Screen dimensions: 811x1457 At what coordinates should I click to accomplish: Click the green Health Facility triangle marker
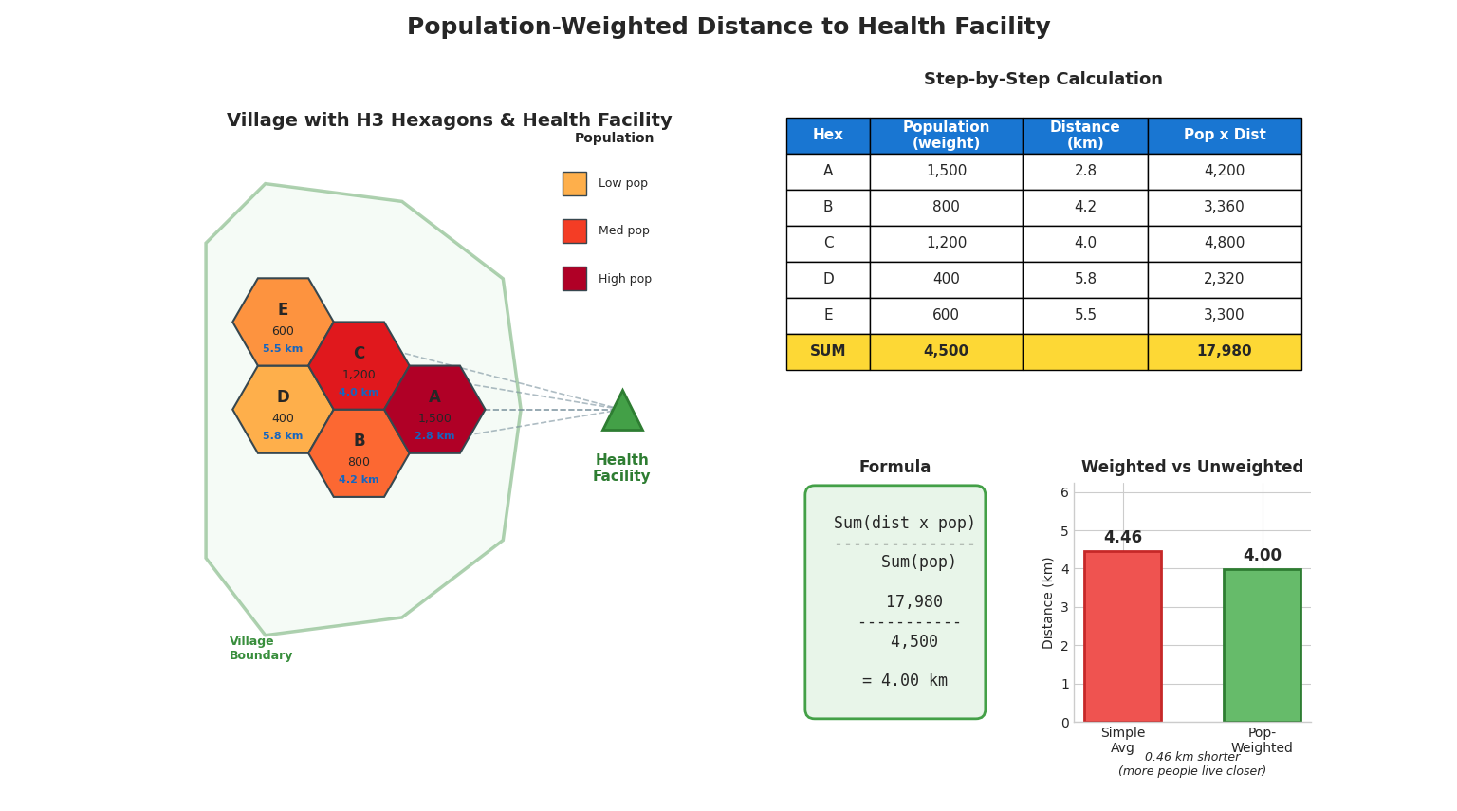tap(622, 414)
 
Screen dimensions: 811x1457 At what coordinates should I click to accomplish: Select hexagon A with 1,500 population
tap(434, 410)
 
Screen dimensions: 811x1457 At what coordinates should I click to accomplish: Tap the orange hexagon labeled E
tap(283, 323)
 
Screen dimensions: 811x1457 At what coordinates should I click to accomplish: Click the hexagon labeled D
tap(283, 410)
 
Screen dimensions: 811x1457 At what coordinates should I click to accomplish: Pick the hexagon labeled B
tap(359, 453)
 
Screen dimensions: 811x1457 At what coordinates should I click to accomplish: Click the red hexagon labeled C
tap(359, 366)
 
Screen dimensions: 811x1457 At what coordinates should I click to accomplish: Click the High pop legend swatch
tap(574, 279)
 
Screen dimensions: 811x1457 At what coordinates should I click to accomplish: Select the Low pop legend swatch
tap(574, 184)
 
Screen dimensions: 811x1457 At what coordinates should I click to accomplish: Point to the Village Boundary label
tap(261, 649)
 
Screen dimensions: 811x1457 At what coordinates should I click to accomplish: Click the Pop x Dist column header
tap(1224, 136)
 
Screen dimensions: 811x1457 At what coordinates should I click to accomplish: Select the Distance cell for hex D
tap(1085, 280)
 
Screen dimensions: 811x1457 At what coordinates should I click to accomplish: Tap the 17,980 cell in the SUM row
tap(1224, 352)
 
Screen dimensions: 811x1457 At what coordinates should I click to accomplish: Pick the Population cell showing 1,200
tap(946, 244)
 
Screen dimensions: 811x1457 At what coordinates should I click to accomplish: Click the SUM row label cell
tap(827, 352)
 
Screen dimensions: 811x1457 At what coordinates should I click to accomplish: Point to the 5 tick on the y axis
tap(1064, 531)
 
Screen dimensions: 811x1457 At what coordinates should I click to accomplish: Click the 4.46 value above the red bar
tap(1122, 538)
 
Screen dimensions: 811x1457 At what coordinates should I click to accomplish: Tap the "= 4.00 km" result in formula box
tap(904, 681)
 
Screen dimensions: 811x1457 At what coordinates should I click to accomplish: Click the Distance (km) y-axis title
tap(1048, 602)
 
